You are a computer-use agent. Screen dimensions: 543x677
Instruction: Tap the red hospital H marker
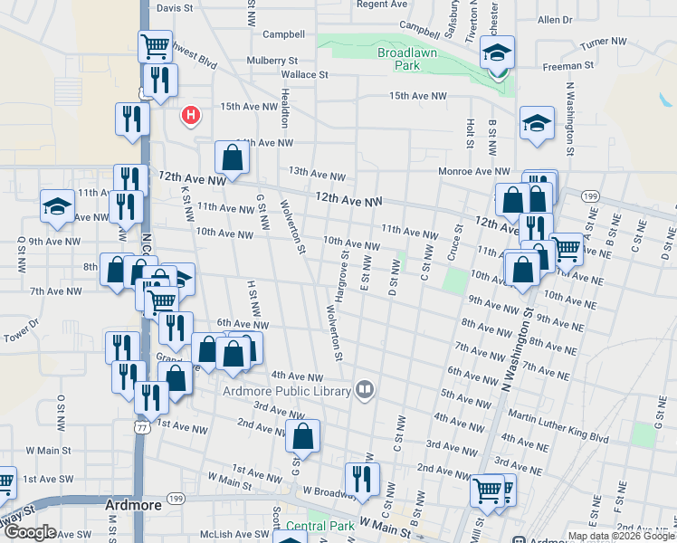click(x=190, y=114)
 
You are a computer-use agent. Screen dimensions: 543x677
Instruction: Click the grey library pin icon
click(x=365, y=389)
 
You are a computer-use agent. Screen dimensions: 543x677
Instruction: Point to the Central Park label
click(x=319, y=526)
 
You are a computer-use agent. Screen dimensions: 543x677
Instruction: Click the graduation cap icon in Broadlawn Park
click(x=497, y=55)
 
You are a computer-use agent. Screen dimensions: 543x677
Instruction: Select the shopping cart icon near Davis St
click(x=156, y=45)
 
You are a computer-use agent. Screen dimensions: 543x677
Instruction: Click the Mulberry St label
click(x=272, y=61)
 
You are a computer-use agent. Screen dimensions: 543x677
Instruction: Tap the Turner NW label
click(x=604, y=43)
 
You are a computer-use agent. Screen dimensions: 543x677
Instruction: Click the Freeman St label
click(x=567, y=65)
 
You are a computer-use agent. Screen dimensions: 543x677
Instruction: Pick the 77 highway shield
click(x=140, y=426)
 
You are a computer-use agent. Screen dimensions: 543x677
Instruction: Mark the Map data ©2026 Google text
click(x=622, y=536)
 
